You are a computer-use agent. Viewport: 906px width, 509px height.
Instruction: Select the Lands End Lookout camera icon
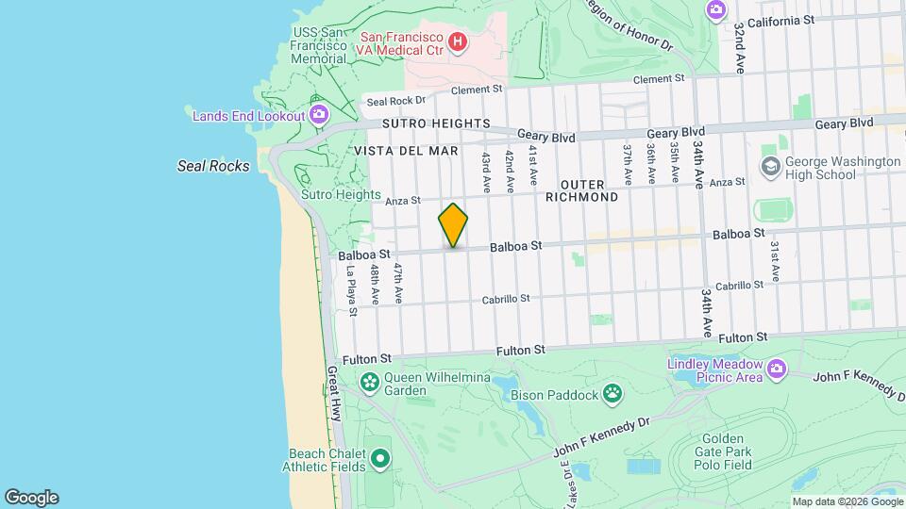coord(319,115)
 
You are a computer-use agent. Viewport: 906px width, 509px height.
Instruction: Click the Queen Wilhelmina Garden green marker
coord(369,381)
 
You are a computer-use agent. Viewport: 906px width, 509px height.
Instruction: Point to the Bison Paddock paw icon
coord(612,391)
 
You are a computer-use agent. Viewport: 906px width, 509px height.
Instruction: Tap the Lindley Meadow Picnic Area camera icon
coord(776,368)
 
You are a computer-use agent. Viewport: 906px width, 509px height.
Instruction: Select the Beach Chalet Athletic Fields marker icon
coord(380,459)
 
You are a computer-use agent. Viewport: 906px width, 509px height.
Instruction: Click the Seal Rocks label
coord(214,166)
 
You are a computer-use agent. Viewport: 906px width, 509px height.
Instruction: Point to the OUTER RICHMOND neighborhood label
coord(582,190)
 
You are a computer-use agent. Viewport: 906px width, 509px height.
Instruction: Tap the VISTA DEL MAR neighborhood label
coord(407,151)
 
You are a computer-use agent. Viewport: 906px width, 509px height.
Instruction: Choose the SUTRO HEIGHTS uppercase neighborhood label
coord(436,123)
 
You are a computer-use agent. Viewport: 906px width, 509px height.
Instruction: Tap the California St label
coord(782,21)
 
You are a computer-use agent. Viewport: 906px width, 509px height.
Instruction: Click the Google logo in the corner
coord(31,497)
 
